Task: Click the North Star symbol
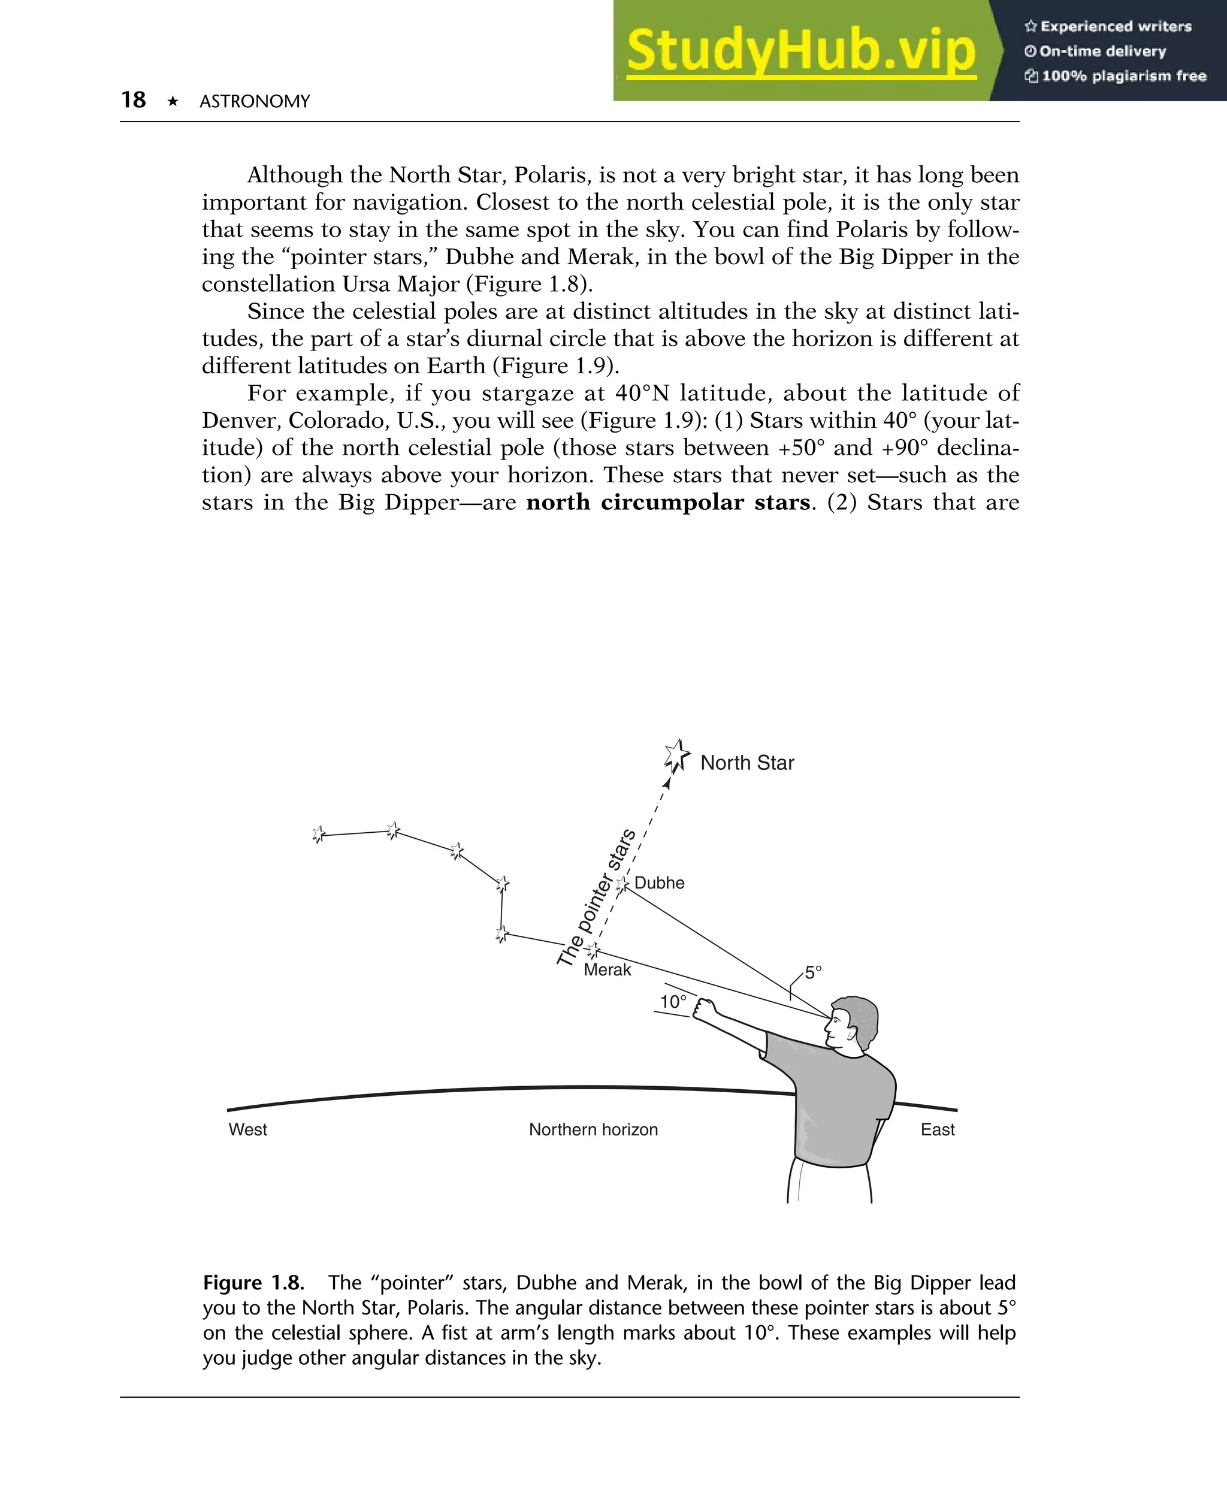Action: pyautogui.click(x=676, y=755)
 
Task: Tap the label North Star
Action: pyautogui.click(x=747, y=763)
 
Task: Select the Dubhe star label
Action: pyautogui.click(x=659, y=883)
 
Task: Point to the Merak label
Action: pyautogui.click(x=607, y=969)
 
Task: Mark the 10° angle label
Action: pyautogui.click(x=673, y=1001)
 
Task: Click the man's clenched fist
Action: pyautogui.click(x=703, y=1008)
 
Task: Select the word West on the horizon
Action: pyautogui.click(x=247, y=1129)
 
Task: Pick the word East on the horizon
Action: pyautogui.click(x=937, y=1129)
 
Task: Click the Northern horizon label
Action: pyautogui.click(x=593, y=1129)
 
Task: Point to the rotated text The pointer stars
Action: pyautogui.click(x=596, y=898)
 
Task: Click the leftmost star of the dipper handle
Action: pyautogui.click(x=318, y=835)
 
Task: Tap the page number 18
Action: pyautogui.click(x=133, y=99)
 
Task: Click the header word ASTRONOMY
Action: pyautogui.click(x=255, y=102)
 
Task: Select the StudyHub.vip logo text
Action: pyautogui.click(x=801, y=51)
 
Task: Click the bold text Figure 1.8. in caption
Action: pyautogui.click(x=253, y=1283)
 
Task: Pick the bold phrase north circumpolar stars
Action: pyautogui.click(x=668, y=503)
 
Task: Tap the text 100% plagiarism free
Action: pyautogui.click(x=1123, y=76)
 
